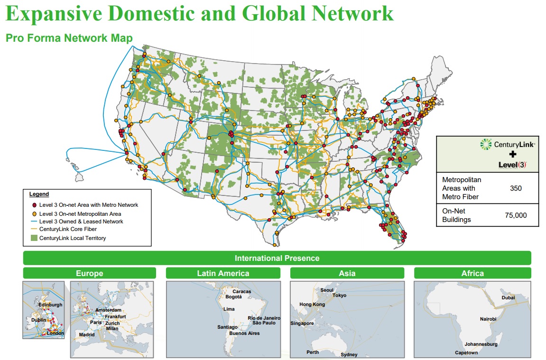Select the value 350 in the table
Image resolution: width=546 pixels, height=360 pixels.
516,188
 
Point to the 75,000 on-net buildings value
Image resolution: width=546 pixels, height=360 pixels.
516,215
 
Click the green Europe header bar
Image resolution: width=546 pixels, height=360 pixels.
89,273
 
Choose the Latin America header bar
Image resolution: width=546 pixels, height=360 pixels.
223,273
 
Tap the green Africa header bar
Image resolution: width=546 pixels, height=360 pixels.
472,273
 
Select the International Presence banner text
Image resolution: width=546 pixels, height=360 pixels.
277,258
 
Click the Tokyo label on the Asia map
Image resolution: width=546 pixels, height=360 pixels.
339,295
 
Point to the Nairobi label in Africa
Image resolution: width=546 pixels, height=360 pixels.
488,319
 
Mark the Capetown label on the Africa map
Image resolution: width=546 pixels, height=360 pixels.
466,353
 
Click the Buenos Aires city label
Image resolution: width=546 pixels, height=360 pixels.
244,333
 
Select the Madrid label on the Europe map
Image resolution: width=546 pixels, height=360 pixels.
87,334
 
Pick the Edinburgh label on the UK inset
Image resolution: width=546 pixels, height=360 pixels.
50,305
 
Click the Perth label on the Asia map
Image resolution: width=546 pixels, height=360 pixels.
313,352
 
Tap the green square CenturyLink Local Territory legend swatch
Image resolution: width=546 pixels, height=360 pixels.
34,238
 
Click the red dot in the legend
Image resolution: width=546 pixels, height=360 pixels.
34,205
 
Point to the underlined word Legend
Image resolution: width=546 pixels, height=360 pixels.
39,194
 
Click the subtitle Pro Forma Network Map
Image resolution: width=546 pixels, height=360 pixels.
69,38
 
